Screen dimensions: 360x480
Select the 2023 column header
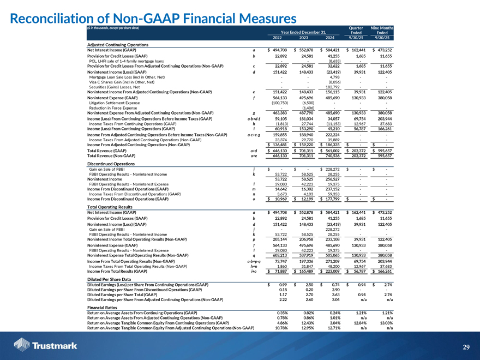tap(305, 37)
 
